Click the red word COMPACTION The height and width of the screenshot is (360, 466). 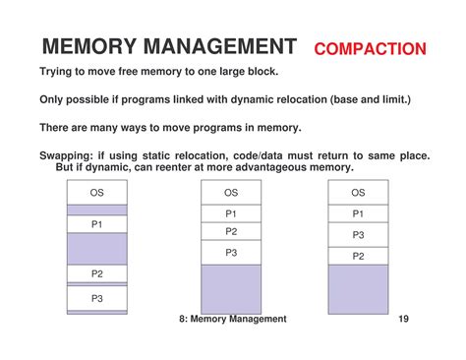tap(370, 48)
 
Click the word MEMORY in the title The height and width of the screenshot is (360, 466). tap(89, 46)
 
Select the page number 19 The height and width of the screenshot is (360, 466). tap(404, 319)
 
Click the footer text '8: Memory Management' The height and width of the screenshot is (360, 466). tap(233, 319)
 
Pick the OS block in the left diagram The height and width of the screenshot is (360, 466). tap(97, 193)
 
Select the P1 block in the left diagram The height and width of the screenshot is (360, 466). tap(97, 224)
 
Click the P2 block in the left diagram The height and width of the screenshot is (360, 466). tap(97, 273)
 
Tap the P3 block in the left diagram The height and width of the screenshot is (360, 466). tap(97, 298)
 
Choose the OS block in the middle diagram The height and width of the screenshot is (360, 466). tap(231, 193)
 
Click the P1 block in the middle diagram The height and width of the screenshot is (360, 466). tap(231, 213)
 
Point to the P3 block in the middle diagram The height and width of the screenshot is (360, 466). tap(231, 253)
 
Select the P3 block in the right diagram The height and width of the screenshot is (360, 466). tap(358, 235)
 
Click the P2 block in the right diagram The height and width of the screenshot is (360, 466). tap(358, 256)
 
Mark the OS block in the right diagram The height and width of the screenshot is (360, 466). tap(358, 193)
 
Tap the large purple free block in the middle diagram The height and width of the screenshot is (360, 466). tap(231, 288)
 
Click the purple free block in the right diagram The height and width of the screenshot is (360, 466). tap(358, 289)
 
